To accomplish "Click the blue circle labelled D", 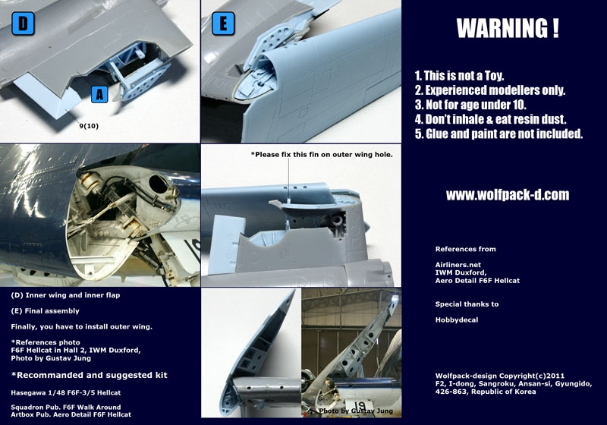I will point(23,24).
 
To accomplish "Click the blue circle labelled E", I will point(223,24).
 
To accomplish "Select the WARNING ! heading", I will point(508,29).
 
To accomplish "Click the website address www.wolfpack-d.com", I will point(508,195).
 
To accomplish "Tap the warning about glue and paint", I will point(498,134).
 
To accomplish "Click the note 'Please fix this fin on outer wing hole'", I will point(322,154).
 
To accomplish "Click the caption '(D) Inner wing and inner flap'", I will point(65,294).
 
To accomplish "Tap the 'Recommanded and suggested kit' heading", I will point(90,375).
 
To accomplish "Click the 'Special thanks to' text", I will point(467,304).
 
